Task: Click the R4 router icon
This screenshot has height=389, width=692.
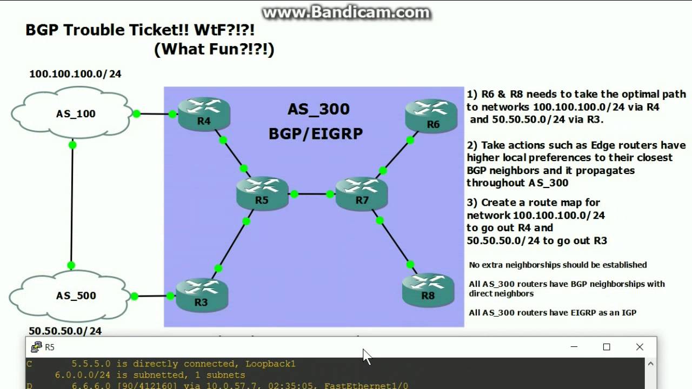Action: [x=204, y=113]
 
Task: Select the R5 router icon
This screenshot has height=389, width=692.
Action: [x=262, y=193]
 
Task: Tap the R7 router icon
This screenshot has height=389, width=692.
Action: [x=362, y=193]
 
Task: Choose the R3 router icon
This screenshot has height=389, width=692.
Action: [x=201, y=294]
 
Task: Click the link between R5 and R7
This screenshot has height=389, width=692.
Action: [x=312, y=194]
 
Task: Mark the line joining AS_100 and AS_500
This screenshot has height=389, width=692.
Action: [x=72, y=205]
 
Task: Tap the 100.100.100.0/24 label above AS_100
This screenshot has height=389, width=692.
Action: [x=75, y=74]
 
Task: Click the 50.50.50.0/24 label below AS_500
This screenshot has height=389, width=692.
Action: [x=65, y=331]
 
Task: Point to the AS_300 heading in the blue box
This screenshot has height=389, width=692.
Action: [x=318, y=109]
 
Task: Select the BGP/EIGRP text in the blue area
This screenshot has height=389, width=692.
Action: [x=316, y=133]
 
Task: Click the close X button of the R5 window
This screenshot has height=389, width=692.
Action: [x=640, y=347]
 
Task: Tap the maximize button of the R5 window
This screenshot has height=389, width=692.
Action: [x=607, y=347]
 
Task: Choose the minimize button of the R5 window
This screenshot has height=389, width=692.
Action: [x=574, y=347]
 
